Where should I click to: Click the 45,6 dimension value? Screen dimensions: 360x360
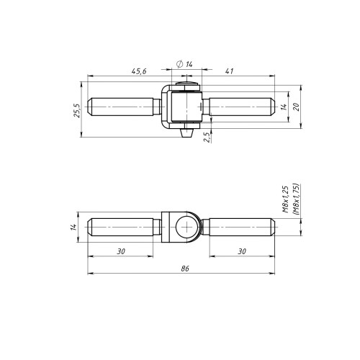pyautogui.click(x=139, y=71)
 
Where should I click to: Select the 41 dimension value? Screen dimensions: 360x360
pyautogui.click(x=229, y=71)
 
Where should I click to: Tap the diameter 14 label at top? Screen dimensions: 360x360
pyautogui.click(x=184, y=64)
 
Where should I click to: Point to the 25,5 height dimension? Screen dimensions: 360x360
pyautogui.click(x=77, y=111)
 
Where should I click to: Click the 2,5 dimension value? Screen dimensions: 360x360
pyautogui.click(x=207, y=138)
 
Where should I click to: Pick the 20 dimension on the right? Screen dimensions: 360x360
pyautogui.click(x=297, y=107)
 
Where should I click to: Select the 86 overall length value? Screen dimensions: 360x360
pyautogui.click(x=185, y=269)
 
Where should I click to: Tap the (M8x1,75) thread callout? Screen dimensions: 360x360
pyautogui.click(x=296, y=199)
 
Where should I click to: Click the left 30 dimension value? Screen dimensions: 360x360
pyautogui.click(x=121, y=251)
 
